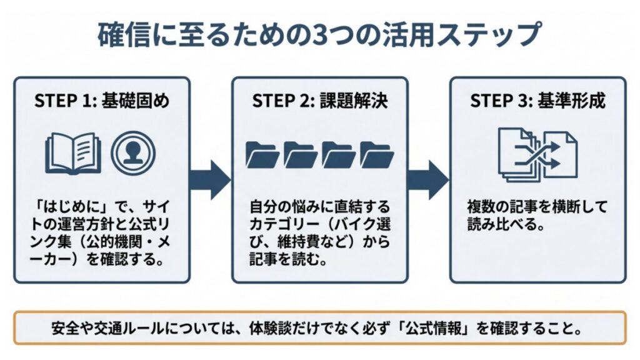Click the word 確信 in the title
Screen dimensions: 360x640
click(x=121, y=36)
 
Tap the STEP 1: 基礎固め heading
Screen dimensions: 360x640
click(x=101, y=102)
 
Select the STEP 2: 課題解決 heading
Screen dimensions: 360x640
click(x=319, y=102)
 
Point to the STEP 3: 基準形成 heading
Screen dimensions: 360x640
click(x=537, y=102)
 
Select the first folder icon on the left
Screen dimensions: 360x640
click(x=262, y=154)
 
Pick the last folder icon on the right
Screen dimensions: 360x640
click(x=377, y=154)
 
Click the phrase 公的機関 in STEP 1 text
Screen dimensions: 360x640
click(x=109, y=242)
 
